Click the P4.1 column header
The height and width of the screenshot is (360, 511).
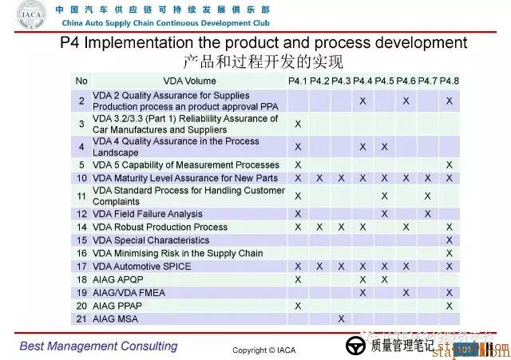(x=298, y=81)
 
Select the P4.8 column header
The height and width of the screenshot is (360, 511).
(x=450, y=81)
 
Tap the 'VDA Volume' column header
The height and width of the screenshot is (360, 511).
(x=189, y=81)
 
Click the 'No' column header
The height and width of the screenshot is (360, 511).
(x=81, y=81)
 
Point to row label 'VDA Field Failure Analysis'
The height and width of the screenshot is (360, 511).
(x=148, y=214)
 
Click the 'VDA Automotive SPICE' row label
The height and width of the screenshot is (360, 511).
(x=142, y=267)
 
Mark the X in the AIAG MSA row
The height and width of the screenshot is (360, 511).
(x=341, y=319)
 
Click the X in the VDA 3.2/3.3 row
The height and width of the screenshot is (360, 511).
(x=298, y=124)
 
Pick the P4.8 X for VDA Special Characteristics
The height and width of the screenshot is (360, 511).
(x=450, y=240)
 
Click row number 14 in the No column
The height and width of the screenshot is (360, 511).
(x=81, y=227)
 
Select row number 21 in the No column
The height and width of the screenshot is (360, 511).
(x=81, y=319)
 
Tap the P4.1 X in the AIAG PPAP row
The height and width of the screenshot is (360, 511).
(x=298, y=306)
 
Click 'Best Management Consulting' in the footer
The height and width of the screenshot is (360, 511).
(x=98, y=346)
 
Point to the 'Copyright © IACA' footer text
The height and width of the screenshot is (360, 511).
(x=264, y=350)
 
